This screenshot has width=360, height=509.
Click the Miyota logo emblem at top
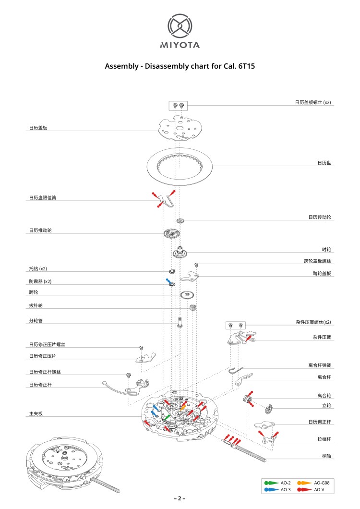180,26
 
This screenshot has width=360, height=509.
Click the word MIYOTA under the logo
180,45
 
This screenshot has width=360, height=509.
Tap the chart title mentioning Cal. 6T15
180,66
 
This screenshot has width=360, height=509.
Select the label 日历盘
324,163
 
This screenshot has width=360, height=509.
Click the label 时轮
326,250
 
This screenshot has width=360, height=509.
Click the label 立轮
326,406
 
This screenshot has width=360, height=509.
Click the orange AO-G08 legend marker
304,482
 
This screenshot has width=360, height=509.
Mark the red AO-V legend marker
304,489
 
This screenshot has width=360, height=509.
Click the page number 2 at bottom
180,498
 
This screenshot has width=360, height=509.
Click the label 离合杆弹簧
320,365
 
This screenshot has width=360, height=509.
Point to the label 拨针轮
36,305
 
